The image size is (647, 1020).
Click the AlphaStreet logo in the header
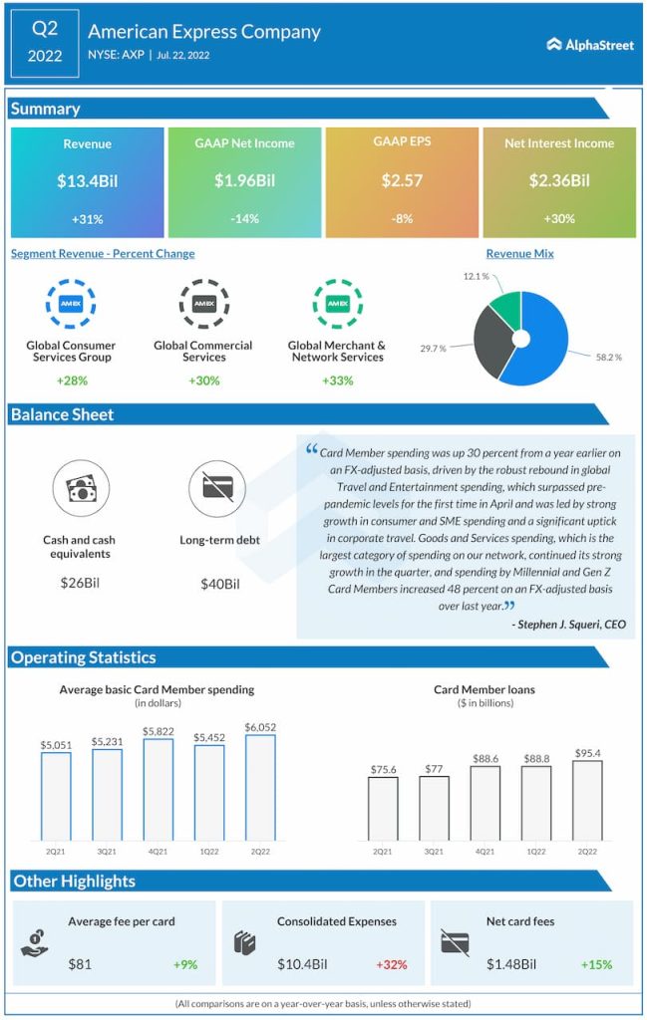[x=590, y=44]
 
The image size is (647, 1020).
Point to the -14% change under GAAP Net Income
[x=244, y=218]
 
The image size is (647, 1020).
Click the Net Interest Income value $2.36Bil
[x=559, y=181]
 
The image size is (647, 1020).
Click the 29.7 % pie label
[x=434, y=349]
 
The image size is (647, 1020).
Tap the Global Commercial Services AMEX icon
[x=203, y=304]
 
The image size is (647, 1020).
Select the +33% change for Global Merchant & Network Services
[x=337, y=381]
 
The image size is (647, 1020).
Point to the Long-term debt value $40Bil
[x=220, y=584]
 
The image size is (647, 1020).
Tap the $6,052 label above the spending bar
[x=260, y=727]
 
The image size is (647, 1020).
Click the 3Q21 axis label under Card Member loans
[x=434, y=852]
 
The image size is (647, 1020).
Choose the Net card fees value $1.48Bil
[x=511, y=964]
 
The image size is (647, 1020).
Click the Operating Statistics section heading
[x=84, y=657]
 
